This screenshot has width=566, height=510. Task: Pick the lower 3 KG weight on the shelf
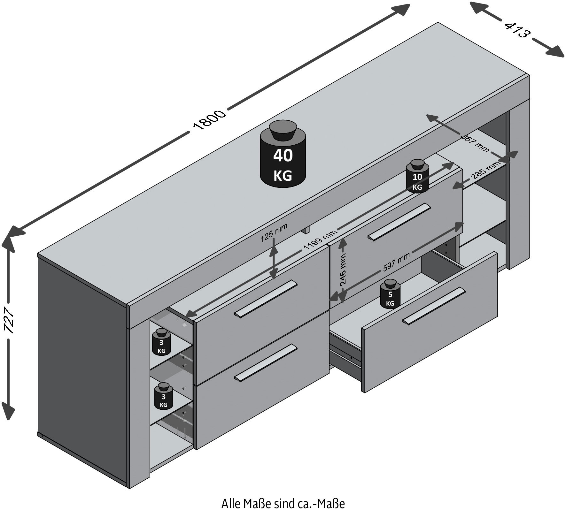163,396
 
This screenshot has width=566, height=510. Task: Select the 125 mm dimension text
274,232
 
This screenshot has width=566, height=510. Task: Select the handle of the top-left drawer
266,299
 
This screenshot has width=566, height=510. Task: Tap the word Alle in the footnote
231,504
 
